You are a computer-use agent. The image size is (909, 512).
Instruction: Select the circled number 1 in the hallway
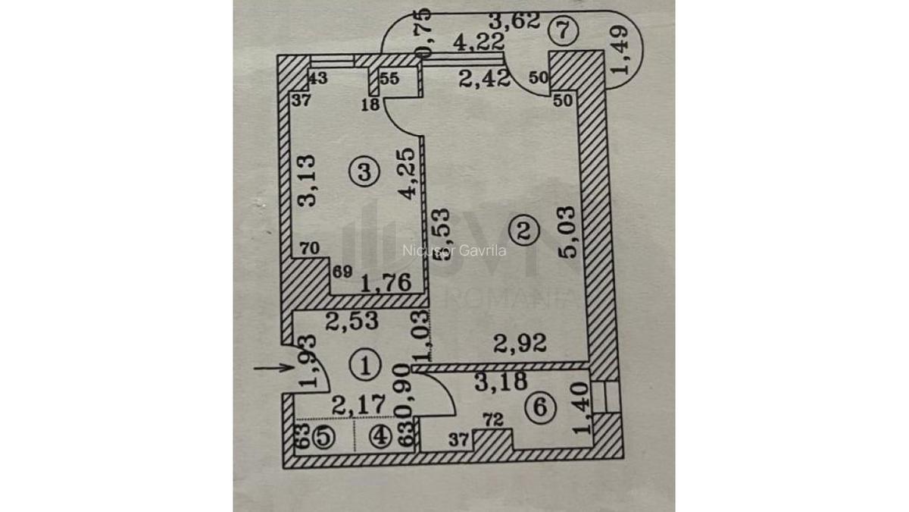[x=365, y=366]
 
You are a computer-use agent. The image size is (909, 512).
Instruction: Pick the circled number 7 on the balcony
[x=566, y=32]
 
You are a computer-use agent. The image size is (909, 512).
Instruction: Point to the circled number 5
[x=322, y=438]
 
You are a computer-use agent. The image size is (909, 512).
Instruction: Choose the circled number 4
[x=382, y=438]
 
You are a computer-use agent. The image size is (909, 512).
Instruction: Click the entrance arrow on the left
[x=273, y=368]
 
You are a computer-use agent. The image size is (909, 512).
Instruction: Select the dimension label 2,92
[x=520, y=345]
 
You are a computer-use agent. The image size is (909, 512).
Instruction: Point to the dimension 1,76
[x=386, y=284]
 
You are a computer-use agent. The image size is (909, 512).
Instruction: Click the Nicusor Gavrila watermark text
[x=454, y=250]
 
